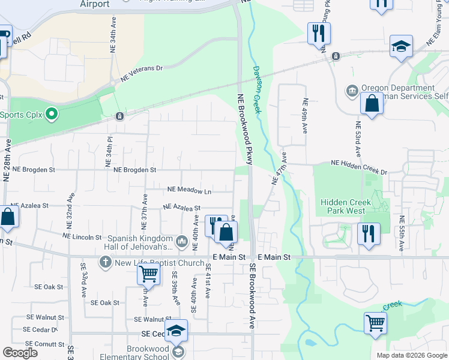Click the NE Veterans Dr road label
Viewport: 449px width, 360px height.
pyautogui.click(x=142, y=73)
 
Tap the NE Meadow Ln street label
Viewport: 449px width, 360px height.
pyautogui.click(x=190, y=190)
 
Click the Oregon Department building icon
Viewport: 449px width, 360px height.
pyautogui.click(x=352, y=92)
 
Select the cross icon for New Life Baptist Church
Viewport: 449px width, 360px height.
pyautogui.click(x=105, y=262)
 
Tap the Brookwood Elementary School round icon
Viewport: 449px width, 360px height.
pyautogui.click(x=177, y=352)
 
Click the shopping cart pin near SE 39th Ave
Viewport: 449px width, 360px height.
pyautogui.click(x=148, y=274)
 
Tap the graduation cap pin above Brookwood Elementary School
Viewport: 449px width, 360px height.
pyautogui.click(x=176, y=331)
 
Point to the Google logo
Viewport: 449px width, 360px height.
pyautogui.click(x=20, y=353)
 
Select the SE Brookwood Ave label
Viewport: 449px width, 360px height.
pyautogui.click(x=253, y=296)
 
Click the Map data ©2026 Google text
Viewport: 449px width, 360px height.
pyautogui.click(x=411, y=355)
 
